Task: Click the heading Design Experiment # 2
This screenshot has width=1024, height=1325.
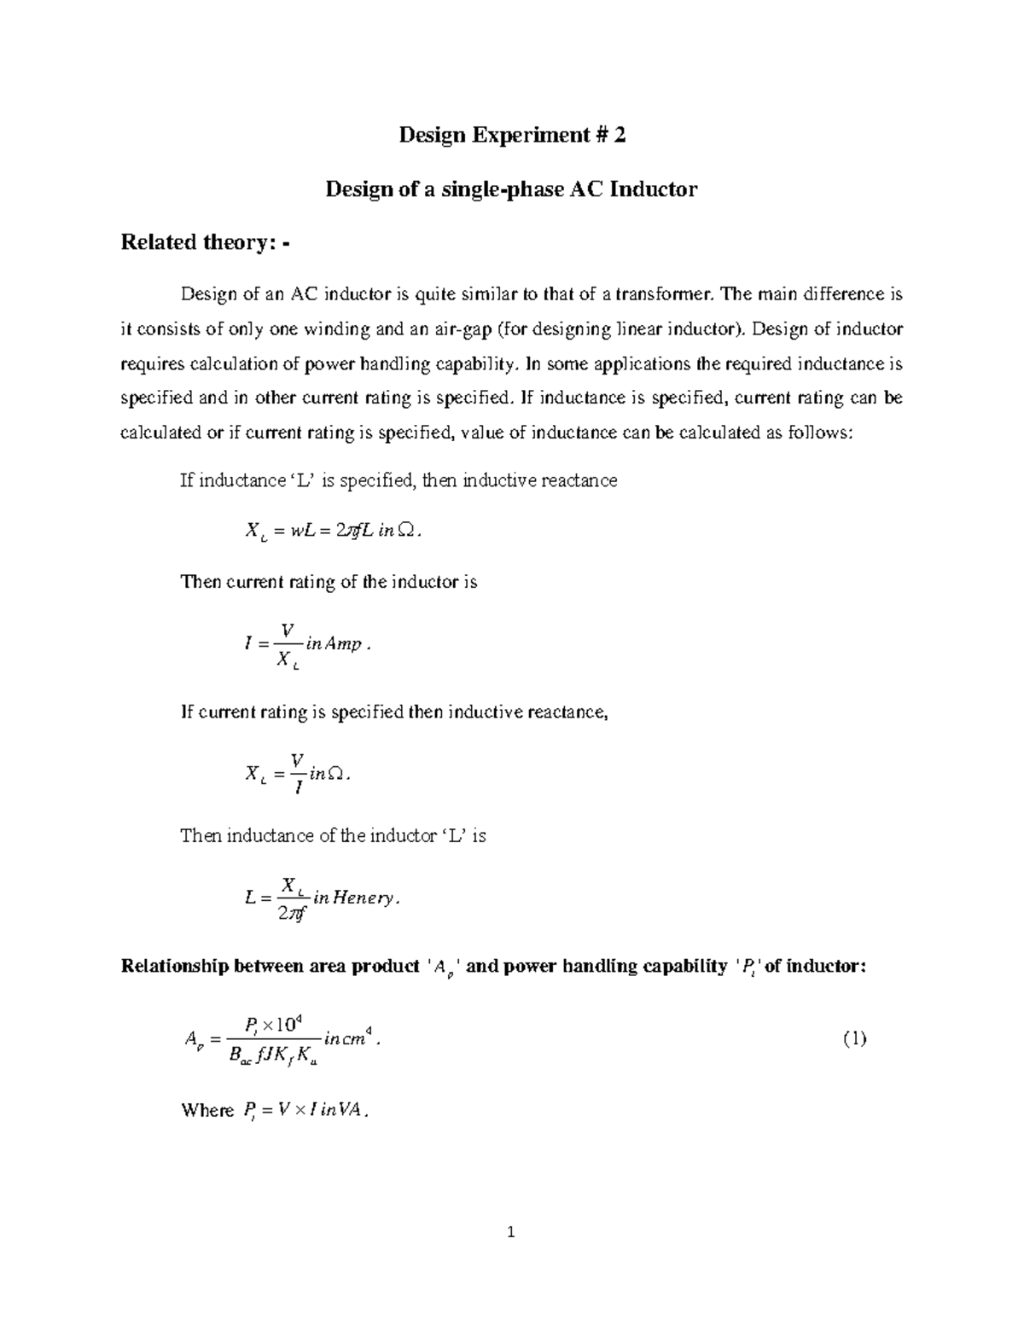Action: pos(512,136)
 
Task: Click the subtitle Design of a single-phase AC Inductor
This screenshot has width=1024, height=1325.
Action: pos(511,189)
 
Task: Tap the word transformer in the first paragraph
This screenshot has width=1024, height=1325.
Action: pos(666,295)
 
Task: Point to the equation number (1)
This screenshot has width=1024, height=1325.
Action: pos(854,1039)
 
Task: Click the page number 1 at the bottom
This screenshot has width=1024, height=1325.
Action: pos(511,1232)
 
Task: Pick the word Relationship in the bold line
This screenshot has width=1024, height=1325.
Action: pos(174,967)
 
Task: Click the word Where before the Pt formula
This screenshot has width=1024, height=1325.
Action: pos(207,1111)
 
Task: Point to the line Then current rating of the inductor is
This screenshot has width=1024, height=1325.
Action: pos(329,583)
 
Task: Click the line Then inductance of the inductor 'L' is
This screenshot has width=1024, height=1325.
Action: pos(333,836)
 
